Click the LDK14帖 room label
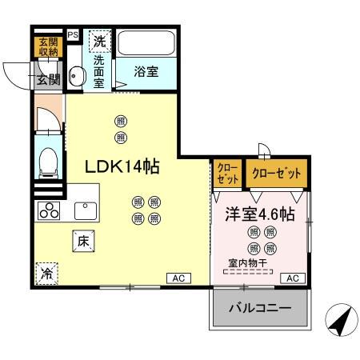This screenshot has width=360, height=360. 122,166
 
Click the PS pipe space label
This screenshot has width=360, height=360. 73,36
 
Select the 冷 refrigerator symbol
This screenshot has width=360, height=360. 47,272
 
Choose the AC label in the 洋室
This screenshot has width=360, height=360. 292,278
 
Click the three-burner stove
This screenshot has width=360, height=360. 50,211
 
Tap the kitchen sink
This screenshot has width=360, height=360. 86,210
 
